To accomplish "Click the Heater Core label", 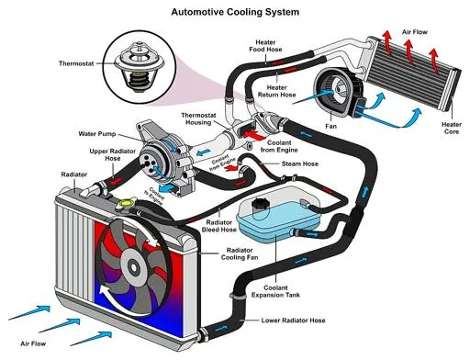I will (x=451, y=128).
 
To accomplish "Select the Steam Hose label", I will (x=296, y=165).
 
